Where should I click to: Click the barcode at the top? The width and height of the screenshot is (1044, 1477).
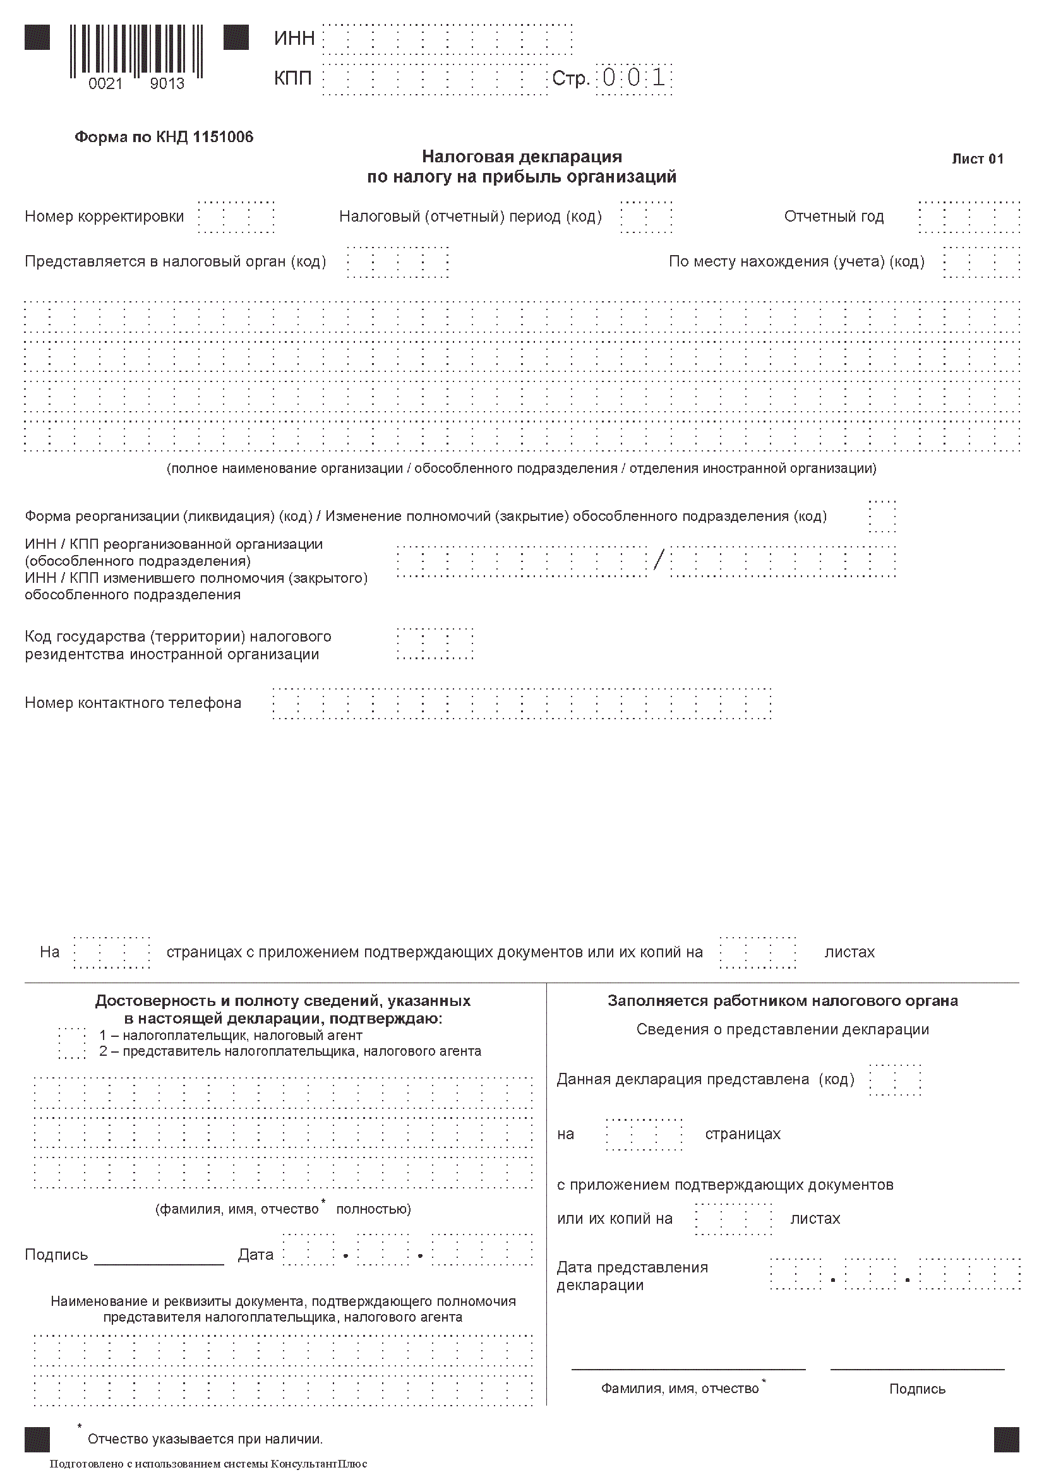(x=136, y=50)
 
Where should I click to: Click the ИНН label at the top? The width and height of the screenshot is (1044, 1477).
(x=294, y=39)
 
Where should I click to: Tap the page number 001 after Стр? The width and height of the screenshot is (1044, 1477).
(x=634, y=78)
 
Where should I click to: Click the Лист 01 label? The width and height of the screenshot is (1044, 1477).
(x=977, y=159)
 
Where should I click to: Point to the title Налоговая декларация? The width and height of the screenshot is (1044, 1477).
(x=522, y=157)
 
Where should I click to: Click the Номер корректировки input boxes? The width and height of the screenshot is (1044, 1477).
(x=236, y=217)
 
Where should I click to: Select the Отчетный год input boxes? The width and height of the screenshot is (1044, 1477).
(x=969, y=217)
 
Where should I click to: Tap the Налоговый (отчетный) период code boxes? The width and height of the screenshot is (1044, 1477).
(x=646, y=217)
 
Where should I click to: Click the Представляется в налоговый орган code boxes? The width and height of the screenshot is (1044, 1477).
(x=397, y=262)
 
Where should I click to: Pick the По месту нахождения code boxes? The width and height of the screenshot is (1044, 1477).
(x=981, y=262)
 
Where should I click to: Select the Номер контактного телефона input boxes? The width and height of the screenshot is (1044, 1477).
(x=522, y=703)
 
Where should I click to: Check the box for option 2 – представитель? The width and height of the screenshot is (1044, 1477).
(x=72, y=1052)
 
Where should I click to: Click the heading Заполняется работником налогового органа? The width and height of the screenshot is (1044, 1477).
(x=782, y=1001)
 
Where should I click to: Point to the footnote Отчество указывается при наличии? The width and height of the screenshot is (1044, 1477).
(x=205, y=1439)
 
